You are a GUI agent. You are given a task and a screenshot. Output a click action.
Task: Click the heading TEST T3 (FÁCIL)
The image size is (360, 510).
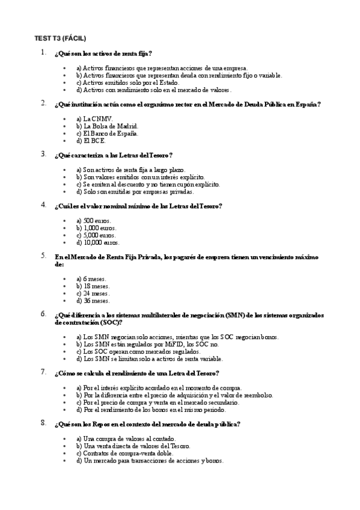[60, 38]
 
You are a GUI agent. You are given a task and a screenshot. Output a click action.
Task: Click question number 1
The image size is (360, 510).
[43, 53]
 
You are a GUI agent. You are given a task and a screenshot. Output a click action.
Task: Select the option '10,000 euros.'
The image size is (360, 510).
[98, 243]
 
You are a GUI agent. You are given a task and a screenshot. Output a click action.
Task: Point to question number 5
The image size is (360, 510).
[43, 256]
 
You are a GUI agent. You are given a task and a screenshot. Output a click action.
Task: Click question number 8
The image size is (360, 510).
[43, 423]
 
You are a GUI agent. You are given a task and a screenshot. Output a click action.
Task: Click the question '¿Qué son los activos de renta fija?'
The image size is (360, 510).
[107, 54]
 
